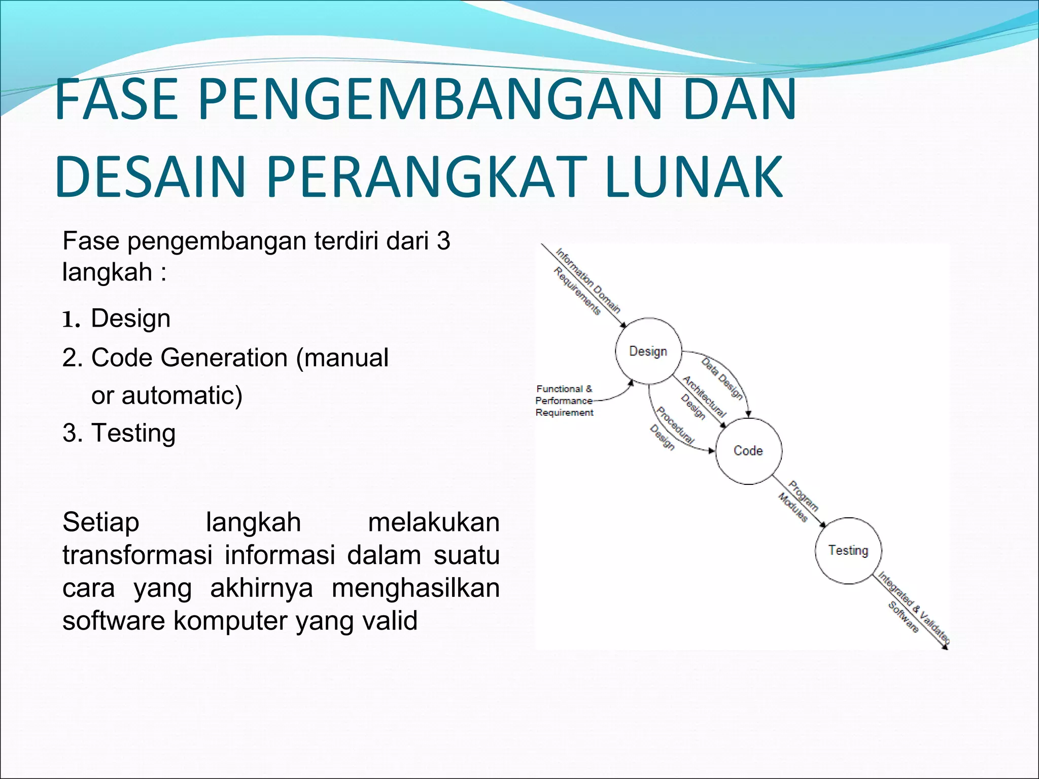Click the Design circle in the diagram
click(x=648, y=351)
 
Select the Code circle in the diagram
click(x=748, y=451)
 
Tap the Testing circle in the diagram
click(x=848, y=550)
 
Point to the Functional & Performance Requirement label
click(x=564, y=401)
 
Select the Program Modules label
click(x=798, y=501)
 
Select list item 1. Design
click(x=117, y=318)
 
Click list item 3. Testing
click(x=119, y=433)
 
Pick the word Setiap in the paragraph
click(x=100, y=522)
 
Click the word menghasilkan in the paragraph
click(x=415, y=588)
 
